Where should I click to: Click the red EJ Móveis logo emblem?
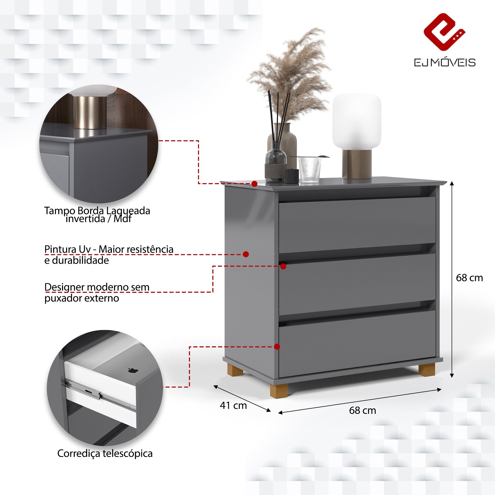(x=445, y=32)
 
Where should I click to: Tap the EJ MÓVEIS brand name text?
(x=445, y=63)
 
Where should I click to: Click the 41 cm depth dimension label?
(x=233, y=405)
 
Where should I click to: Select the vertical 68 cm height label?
(x=469, y=278)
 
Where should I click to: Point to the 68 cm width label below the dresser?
(x=363, y=410)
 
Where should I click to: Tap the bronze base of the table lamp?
(x=357, y=164)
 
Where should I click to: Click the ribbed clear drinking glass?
(x=310, y=169)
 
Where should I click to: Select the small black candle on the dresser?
(x=292, y=176)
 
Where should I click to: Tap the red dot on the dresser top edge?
(x=254, y=184)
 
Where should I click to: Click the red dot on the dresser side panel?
(x=246, y=254)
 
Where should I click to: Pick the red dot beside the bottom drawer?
(x=277, y=347)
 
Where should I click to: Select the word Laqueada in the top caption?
(x=128, y=211)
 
